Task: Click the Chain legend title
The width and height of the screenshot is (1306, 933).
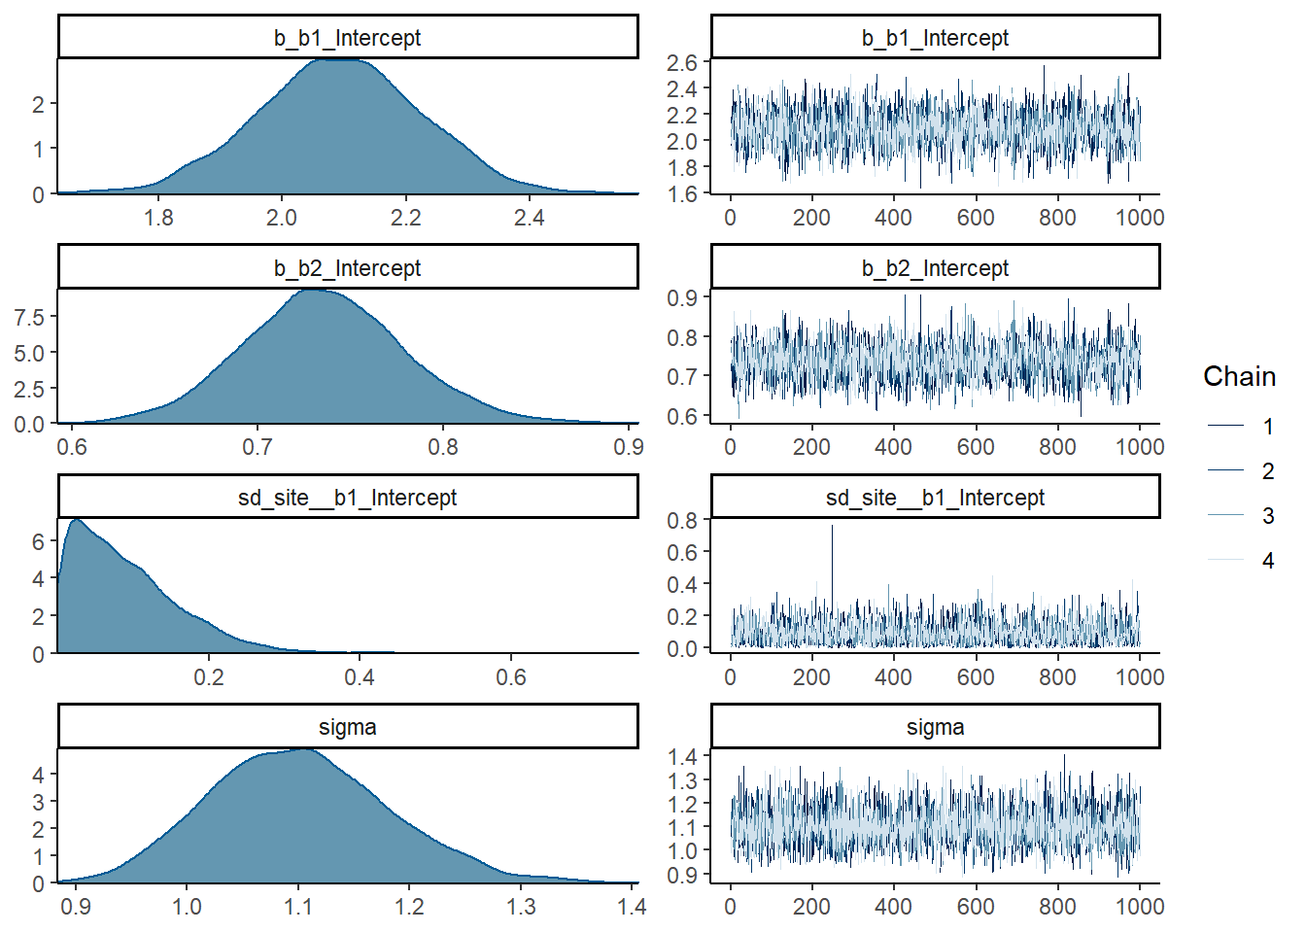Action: [1239, 377]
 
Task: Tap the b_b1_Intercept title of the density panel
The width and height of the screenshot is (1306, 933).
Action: [347, 38]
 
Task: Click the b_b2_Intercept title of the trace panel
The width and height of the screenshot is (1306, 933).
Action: [935, 268]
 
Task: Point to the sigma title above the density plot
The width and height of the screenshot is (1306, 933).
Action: [347, 727]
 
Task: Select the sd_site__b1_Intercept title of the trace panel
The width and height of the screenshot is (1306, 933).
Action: [935, 498]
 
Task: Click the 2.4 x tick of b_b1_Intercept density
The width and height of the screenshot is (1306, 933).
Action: [529, 217]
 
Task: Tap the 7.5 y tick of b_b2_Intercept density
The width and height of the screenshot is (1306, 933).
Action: [29, 317]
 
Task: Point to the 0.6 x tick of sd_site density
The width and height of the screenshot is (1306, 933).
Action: [511, 676]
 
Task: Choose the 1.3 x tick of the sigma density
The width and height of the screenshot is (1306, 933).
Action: [521, 906]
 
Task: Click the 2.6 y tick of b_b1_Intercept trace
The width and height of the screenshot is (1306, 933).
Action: [682, 62]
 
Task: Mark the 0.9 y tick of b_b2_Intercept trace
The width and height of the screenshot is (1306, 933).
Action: [682, 297]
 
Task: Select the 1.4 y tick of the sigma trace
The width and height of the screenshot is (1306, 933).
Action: [682, 757]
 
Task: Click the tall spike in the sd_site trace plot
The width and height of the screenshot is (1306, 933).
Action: [832, 530]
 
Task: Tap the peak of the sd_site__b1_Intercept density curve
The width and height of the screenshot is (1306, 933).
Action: [76, 520]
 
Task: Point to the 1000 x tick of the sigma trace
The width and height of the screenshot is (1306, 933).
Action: [1139, 906]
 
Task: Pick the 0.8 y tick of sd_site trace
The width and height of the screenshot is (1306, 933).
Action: [682, 520]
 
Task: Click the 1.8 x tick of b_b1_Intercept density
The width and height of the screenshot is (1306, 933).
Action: [158, 217]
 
